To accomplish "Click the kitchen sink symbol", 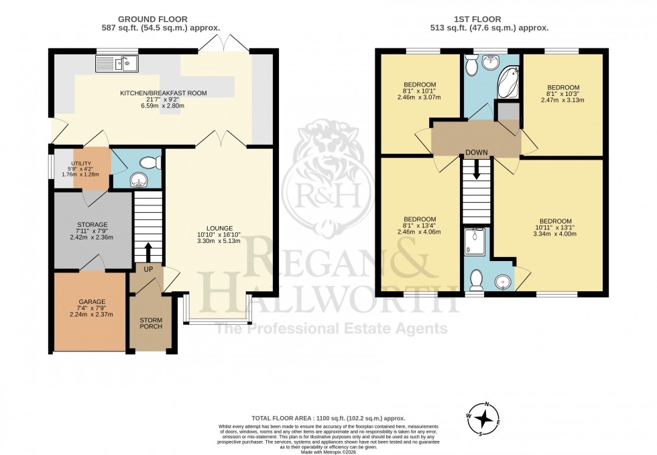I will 116,64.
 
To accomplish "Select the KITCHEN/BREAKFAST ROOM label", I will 163,93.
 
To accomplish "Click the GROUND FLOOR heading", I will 153,19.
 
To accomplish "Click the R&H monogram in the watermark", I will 328,195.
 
